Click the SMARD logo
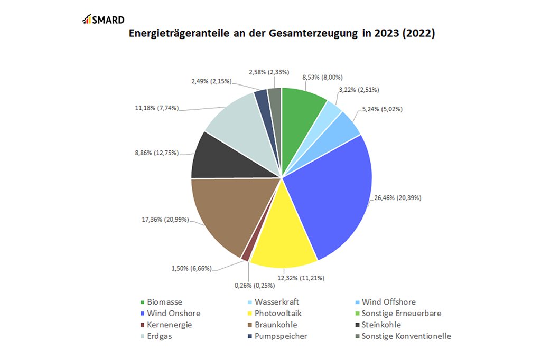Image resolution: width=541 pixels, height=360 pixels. [104, 20]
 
